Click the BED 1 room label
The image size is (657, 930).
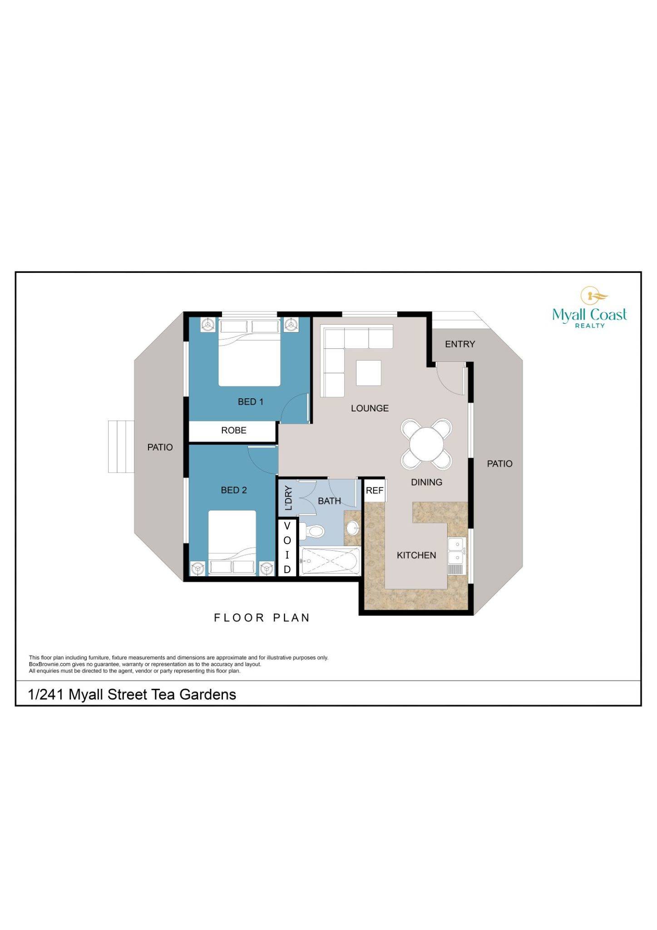250,401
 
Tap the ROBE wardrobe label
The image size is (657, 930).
233,430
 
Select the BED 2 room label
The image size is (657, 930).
233,490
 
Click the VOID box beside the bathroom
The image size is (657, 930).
287,548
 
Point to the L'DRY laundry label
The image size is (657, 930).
288,498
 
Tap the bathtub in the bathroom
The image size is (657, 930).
330,561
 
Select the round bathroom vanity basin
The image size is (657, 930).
352,528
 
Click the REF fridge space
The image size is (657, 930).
375,490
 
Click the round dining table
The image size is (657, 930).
426,444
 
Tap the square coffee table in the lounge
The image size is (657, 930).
368,372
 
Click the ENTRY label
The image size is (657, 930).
459,344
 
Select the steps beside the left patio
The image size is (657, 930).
121,446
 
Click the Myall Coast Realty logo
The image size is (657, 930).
589,308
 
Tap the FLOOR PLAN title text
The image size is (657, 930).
262,618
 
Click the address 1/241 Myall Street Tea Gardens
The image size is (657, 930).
132,694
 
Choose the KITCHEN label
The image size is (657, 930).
416,555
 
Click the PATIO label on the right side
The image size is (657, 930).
499,464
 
